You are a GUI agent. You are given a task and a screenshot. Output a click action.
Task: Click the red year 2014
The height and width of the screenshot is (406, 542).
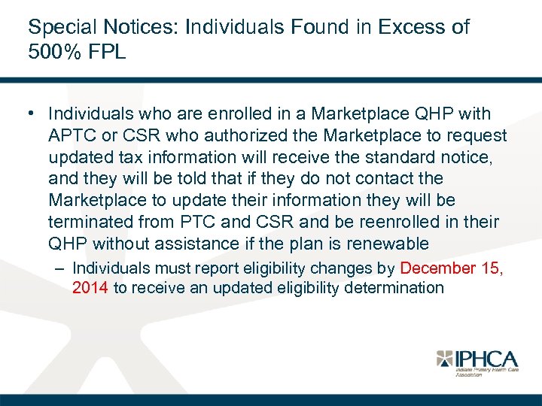click(x=90, y=287)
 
